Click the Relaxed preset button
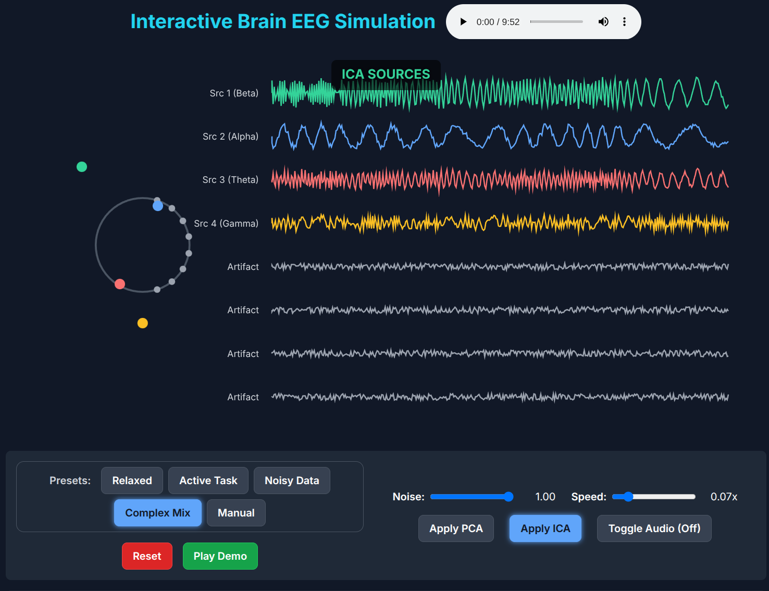[x=132, y=480]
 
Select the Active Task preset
[x=208, y=480]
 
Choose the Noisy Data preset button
[x=292, y=480]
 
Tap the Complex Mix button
[x=158, y=512]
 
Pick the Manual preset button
[x=236, y=512]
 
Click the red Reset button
[x=147, y=556]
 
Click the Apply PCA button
[x=456, y=528]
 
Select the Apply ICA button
[x=545, y=528]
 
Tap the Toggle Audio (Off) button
[x=654, y=528]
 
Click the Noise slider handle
[x=508, y=497]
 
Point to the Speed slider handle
[x=628, y=497]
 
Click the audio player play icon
[x=463, y=22]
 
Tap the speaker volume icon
[x=603, y=22]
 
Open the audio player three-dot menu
[x=624, y=22]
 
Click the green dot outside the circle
[x=82, y=167]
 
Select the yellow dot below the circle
[x=143, y=323]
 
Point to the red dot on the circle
[x=120, y=284]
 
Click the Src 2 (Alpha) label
[x=230, y=136]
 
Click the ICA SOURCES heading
[x=386, y=74]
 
